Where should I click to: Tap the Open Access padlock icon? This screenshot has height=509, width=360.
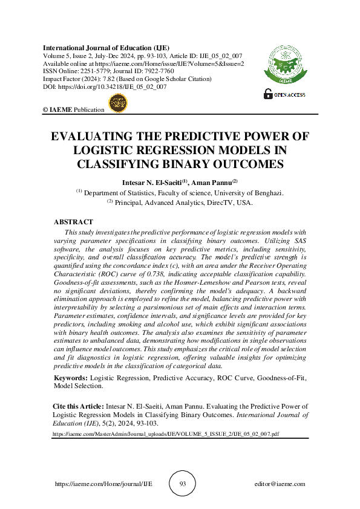267,94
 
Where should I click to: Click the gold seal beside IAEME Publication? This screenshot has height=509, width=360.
115,105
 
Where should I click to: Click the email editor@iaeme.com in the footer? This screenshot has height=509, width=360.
280,484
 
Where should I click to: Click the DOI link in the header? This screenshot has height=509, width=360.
113,87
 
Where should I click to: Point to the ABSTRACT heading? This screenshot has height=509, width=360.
73,222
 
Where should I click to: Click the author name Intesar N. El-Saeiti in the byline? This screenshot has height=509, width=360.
155,182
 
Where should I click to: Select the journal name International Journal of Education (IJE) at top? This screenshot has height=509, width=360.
105,48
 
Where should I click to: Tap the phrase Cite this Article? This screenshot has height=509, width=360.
75,407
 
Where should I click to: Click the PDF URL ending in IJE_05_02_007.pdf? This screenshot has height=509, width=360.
166,434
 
